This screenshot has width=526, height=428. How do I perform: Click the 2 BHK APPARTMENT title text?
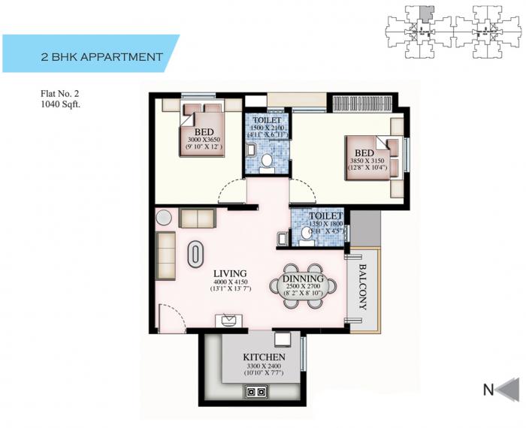point(102,56)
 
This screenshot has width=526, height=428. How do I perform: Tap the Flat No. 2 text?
point(61,94)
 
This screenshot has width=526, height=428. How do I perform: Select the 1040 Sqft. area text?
point(61,104)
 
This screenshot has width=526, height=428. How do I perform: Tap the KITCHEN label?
point(263,357)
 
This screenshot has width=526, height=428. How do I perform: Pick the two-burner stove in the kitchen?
point(255,390)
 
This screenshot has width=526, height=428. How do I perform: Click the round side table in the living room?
point(164,218)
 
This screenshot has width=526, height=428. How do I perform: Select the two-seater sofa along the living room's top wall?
point(197,219)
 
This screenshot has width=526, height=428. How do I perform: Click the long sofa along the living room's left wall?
point(165,255)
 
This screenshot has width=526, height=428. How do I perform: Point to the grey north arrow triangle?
point(509,389)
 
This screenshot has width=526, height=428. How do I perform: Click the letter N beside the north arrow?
point(488,389)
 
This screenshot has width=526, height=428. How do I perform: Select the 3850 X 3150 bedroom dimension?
point(367,160)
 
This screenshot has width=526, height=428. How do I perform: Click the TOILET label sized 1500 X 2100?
point(267,120)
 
